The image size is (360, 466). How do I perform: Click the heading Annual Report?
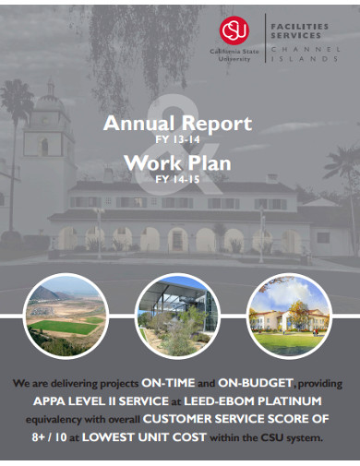pos(177,123)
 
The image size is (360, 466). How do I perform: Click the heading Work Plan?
pos(177,164)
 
